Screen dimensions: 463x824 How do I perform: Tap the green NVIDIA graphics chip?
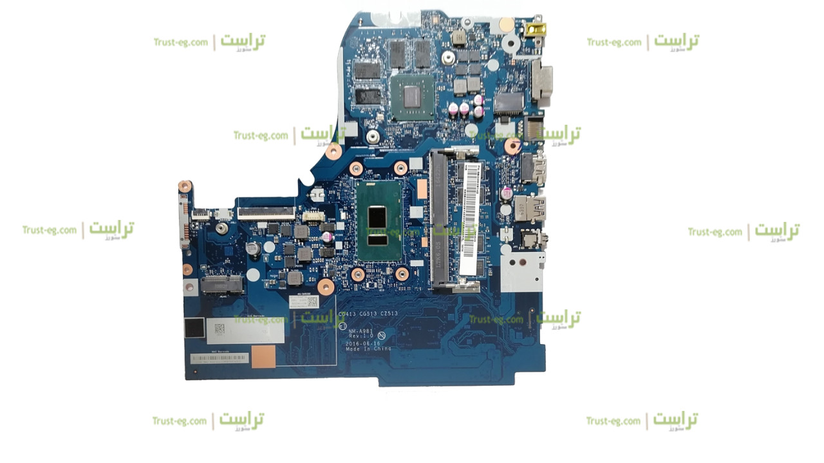pos(412,97)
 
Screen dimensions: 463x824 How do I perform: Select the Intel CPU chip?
pos(379,219)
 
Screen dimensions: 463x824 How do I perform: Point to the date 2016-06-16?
pos(363,343)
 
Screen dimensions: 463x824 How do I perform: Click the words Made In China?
pos(368,349)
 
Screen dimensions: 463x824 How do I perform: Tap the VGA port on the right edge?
pos(541,83)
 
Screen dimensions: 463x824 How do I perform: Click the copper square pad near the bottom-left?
pos(263,356)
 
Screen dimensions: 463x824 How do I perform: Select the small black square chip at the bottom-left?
pos(193,327)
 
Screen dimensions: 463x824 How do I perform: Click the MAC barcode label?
pos(219,358)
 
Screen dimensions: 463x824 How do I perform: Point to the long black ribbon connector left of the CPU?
pos(266,212)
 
